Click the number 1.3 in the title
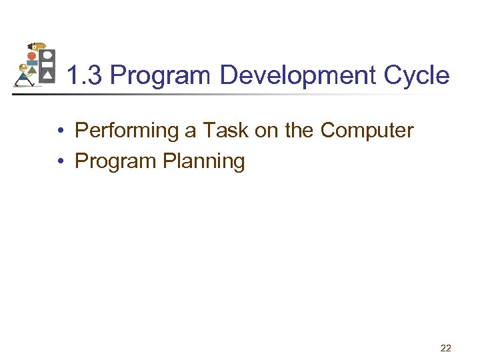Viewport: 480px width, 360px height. [x=85, y=76]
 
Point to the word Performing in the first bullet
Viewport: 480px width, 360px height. [x=127, y=131]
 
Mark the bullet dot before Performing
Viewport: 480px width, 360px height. [x=60, y=131]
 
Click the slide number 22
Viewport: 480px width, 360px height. [x=445, y=347]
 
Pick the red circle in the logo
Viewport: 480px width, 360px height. [x=31, y=56]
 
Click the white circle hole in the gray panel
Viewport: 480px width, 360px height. [x=47, y=55]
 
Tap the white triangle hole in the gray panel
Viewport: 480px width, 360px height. [x=47, y=76]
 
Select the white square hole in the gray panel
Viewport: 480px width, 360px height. [x=47, y=65]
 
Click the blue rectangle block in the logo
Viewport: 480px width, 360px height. [x=32, y=63]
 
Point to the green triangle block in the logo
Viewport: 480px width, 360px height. [x=32, y=71]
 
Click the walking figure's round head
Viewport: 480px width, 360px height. [x=23, y=67]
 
